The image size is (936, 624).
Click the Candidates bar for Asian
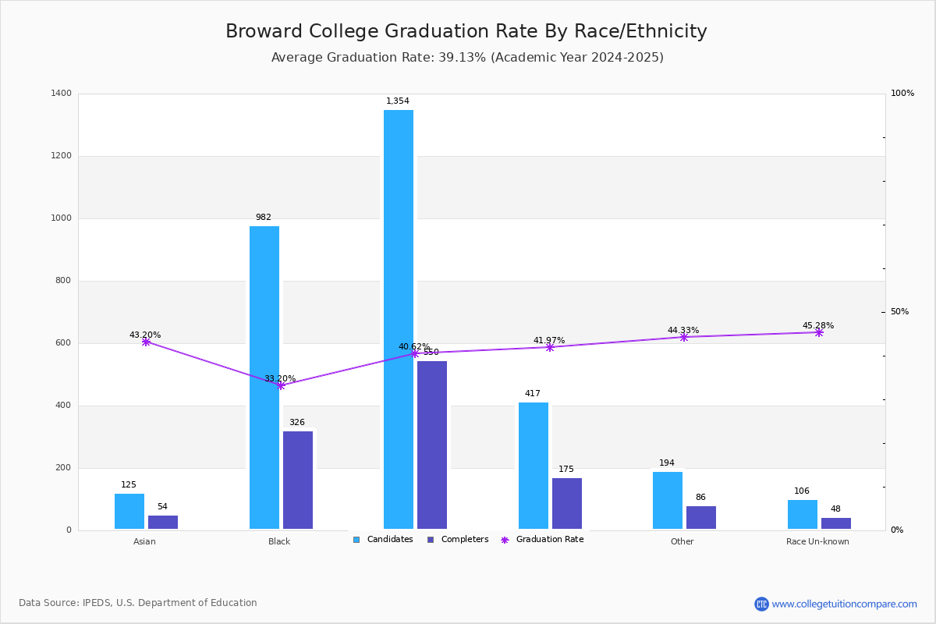(x=129, y=512)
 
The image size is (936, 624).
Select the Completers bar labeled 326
(x=298, y=480)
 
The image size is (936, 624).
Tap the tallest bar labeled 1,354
(x=399, y=320)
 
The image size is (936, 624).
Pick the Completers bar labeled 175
(x=567, y=504)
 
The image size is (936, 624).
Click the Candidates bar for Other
(x=668, y=501)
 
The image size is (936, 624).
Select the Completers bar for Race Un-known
(x=836, y=523)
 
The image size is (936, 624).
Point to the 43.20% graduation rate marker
(x=146, y=342)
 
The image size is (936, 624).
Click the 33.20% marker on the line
(x=281, y=385)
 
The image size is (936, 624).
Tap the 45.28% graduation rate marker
(x=819, y=332)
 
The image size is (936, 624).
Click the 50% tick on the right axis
(x=900, y=312)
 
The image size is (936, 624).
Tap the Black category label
(x=279, y=541)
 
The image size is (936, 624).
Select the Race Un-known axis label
(x=817, y=541)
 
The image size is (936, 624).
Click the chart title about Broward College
(x=466, y=32)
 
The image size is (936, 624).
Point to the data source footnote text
(x=138, y=603)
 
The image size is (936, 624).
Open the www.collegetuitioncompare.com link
(x=844, y=604)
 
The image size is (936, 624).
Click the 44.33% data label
(x=683, y=330)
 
